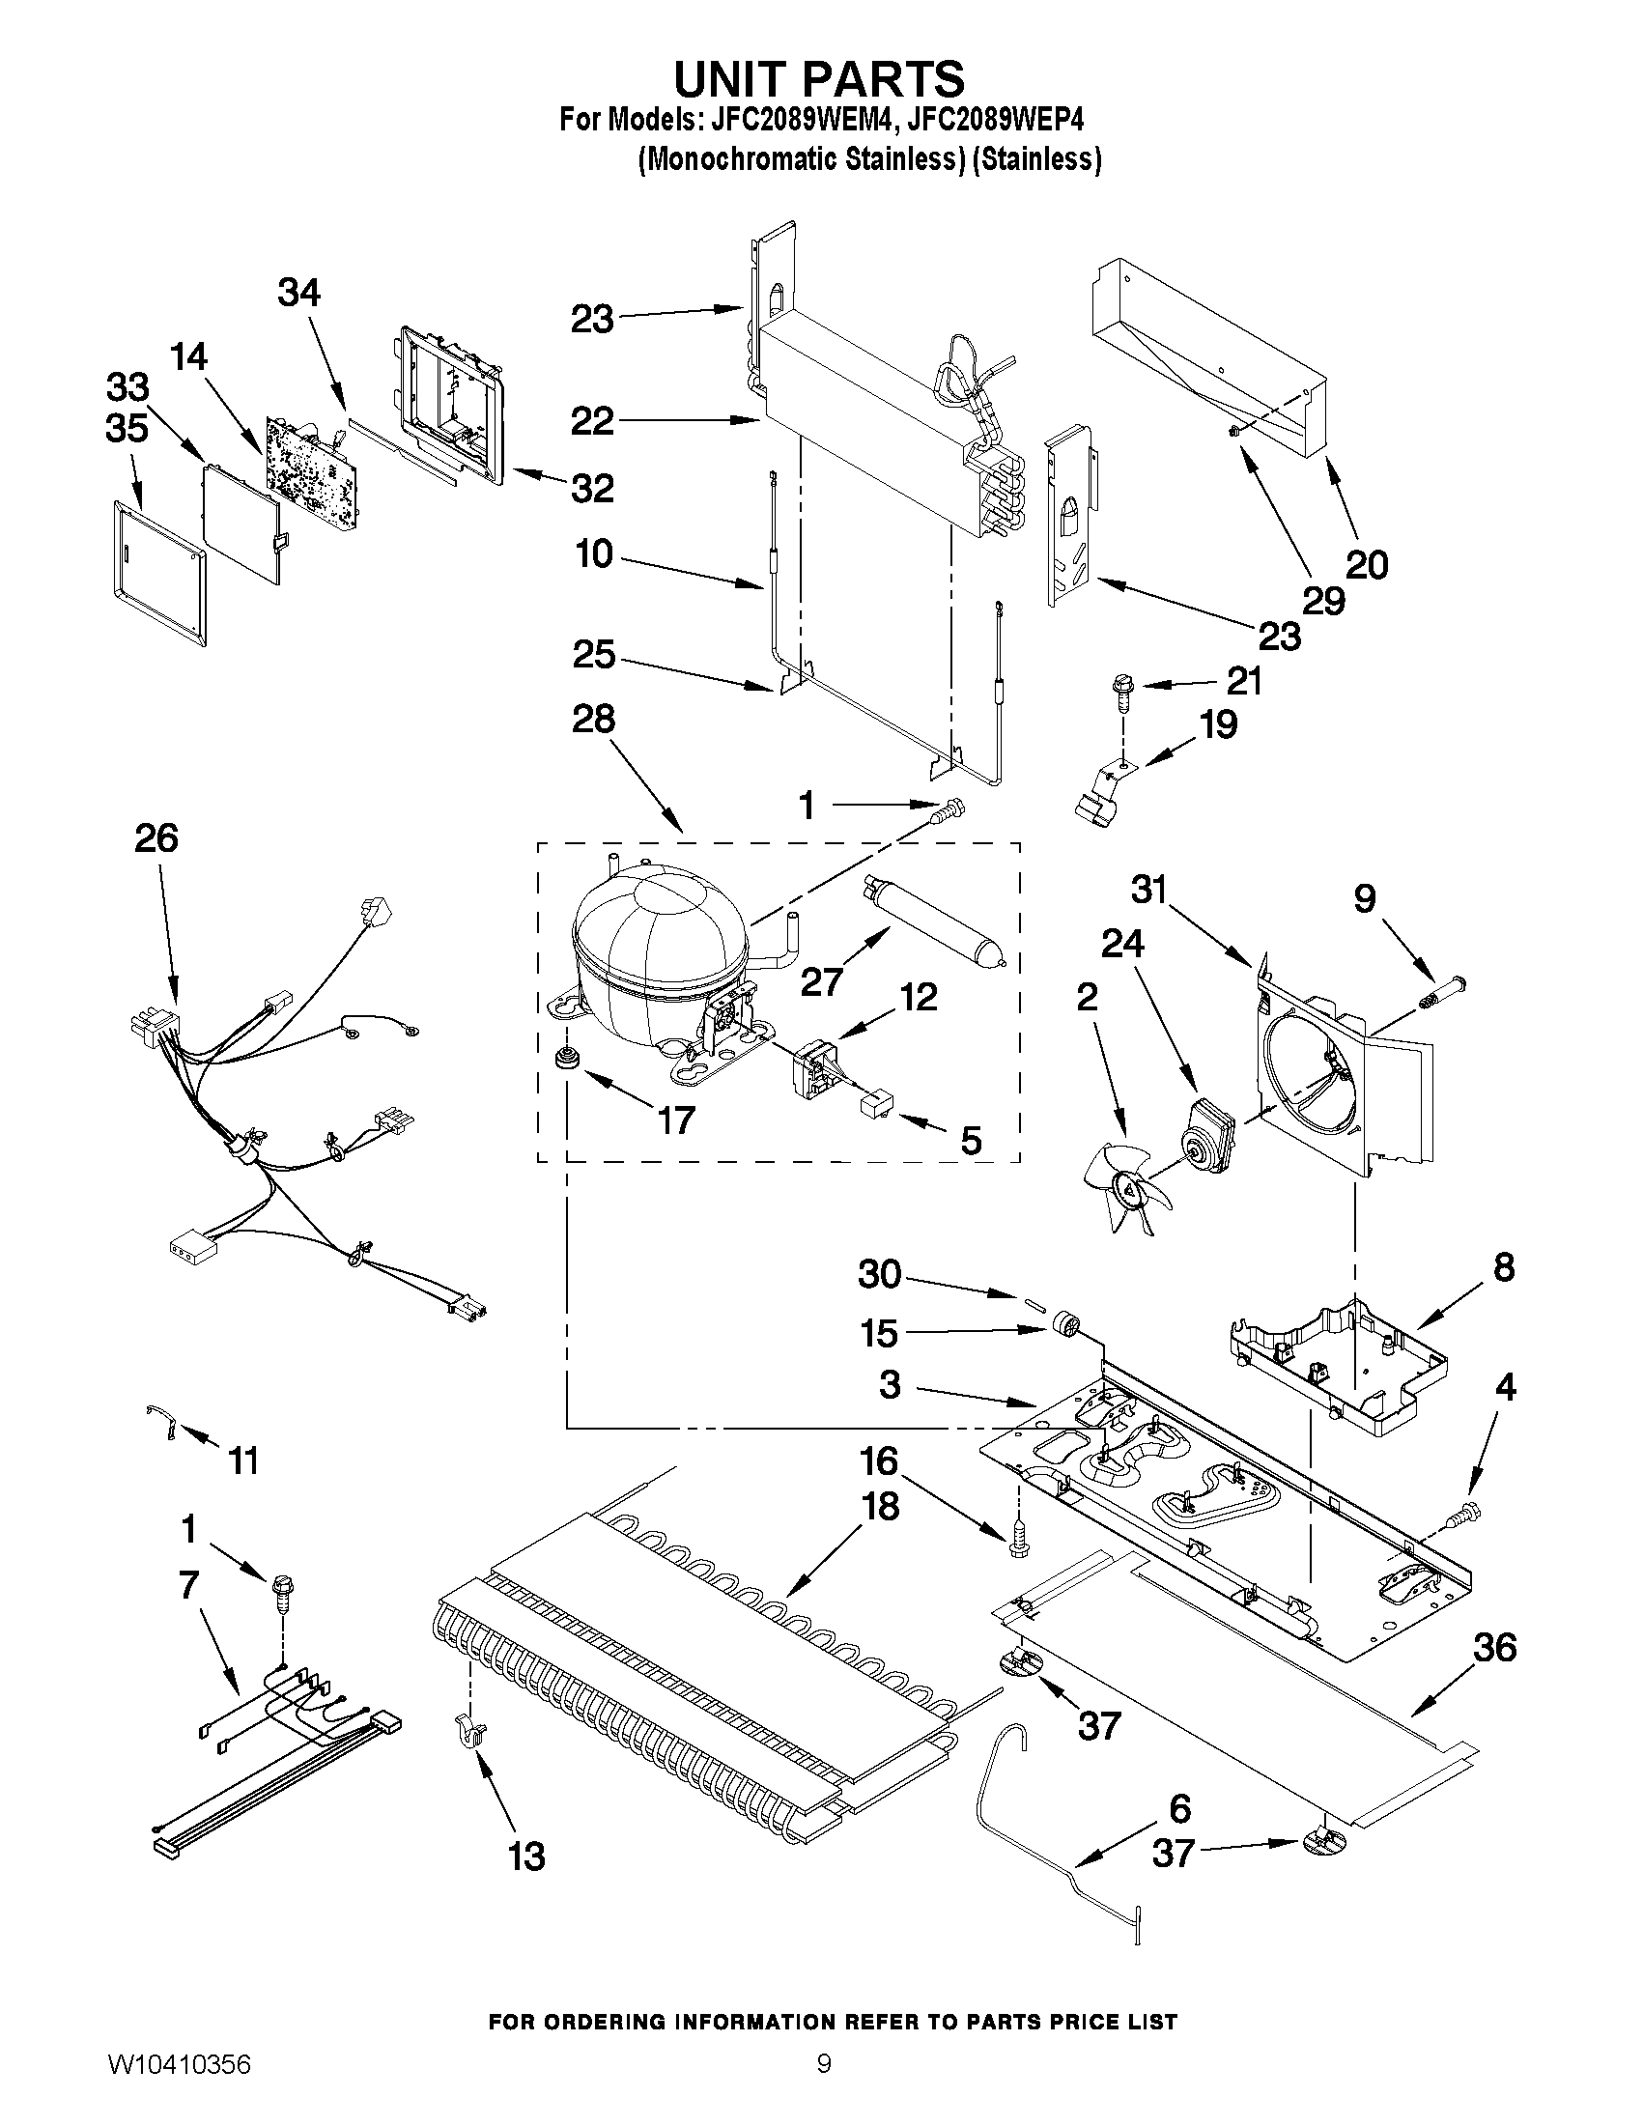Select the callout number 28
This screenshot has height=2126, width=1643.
pyautogui.click(x=593, y=720)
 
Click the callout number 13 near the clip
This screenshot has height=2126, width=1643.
pyautogui.click(x=525, y=1857)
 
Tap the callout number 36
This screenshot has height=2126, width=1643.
pyautogui.click(x=1494, y=1647)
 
